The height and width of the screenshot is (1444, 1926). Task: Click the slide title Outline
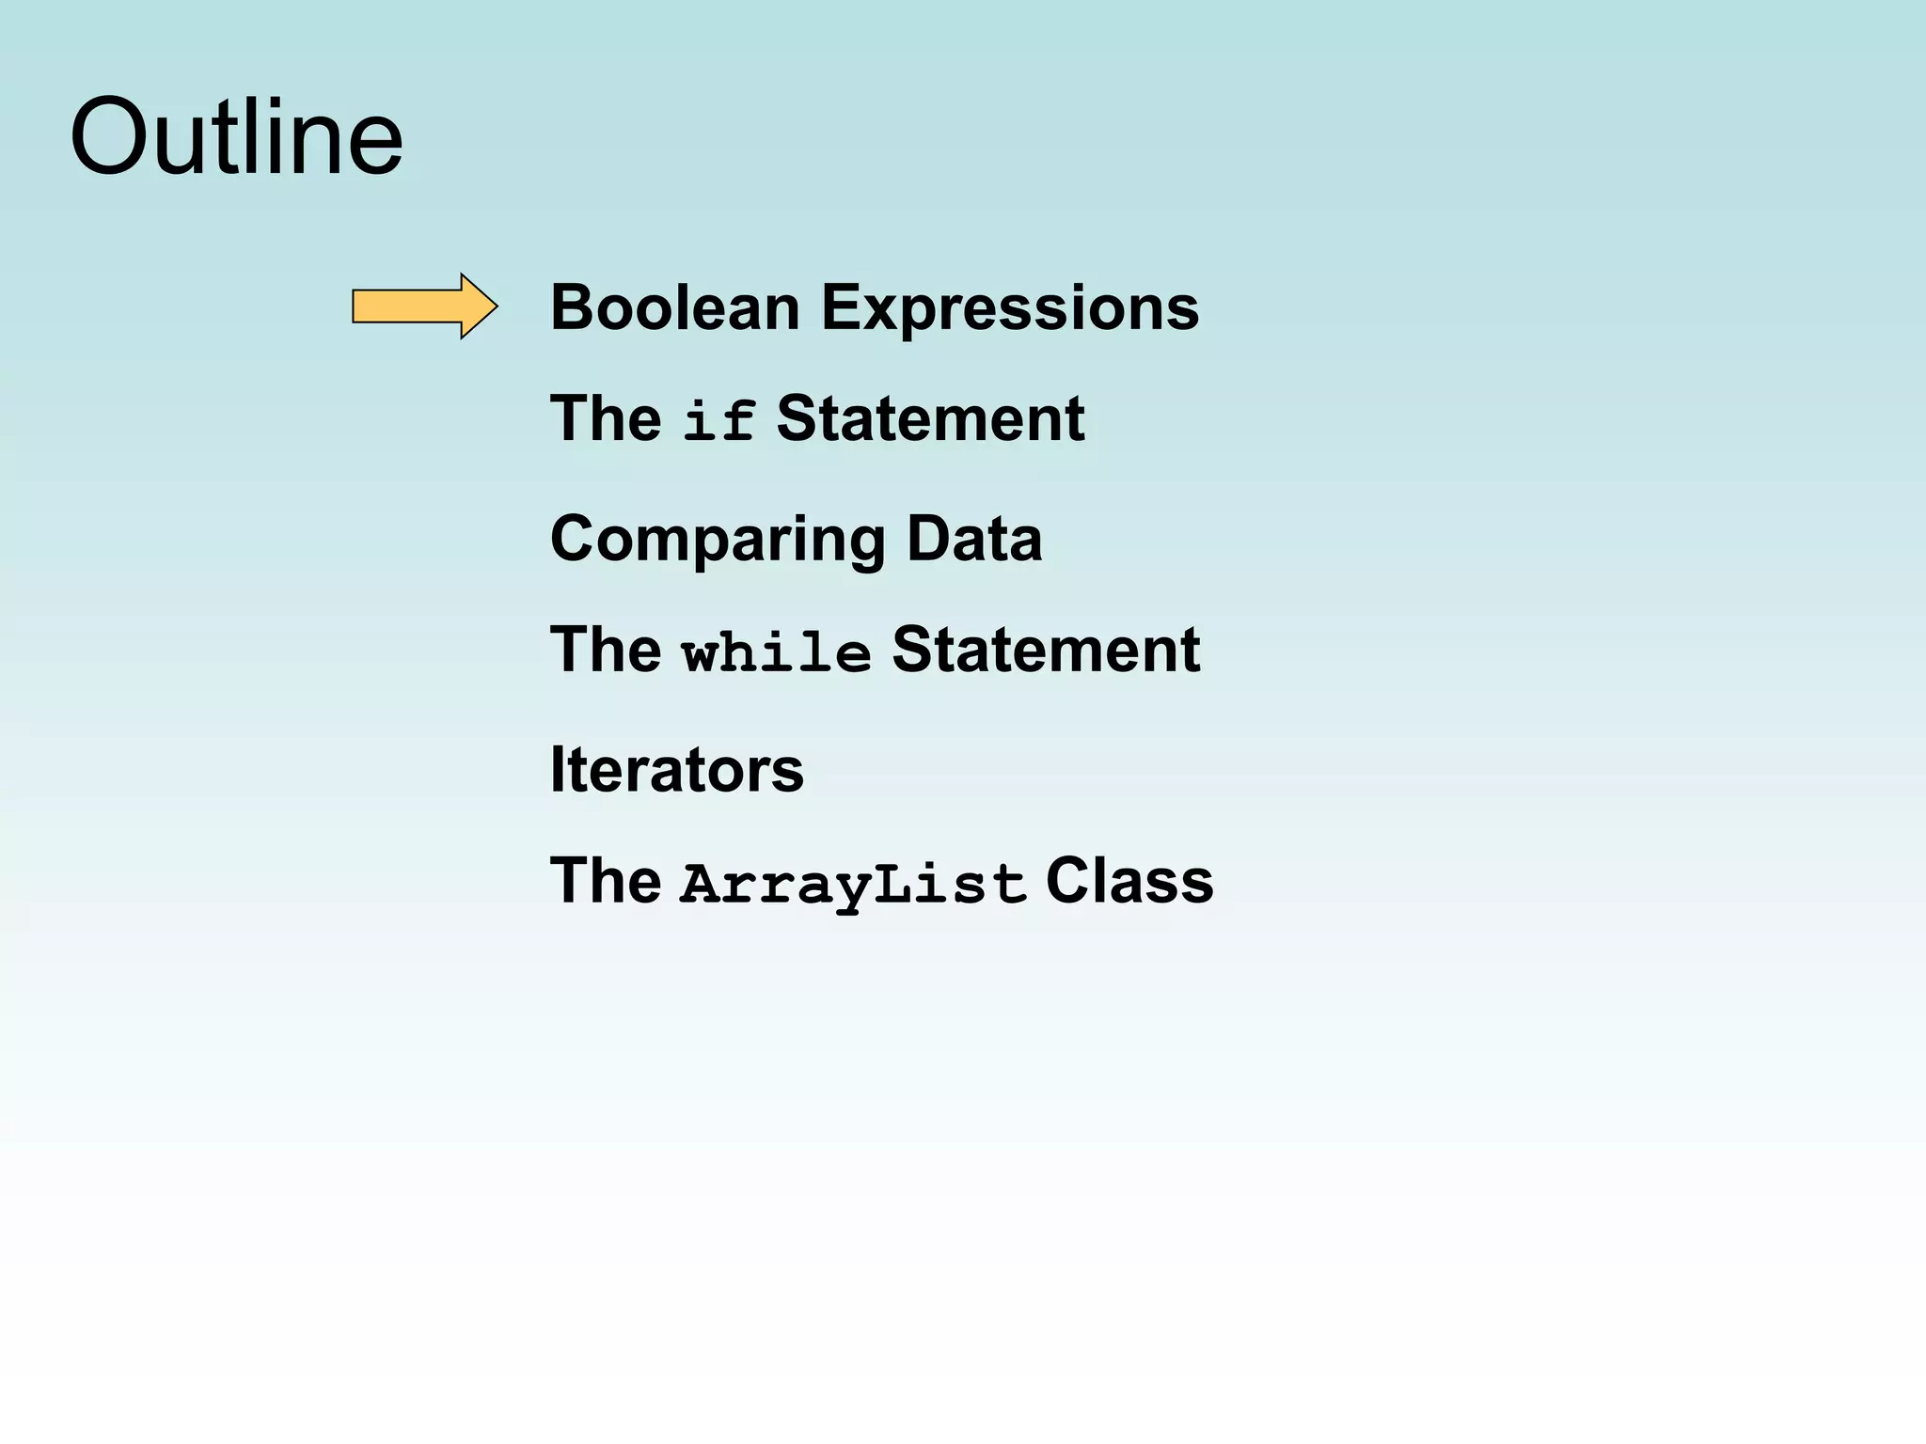(x=236, y=138)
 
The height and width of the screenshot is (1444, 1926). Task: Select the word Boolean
(x=674, y=307)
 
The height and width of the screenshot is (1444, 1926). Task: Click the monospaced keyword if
(x=718, y=420)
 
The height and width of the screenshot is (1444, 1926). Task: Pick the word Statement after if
(x=929, y=418)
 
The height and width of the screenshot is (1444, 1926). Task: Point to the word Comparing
(x=718, y=540)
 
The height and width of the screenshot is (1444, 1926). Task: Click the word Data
(x=973, y=539)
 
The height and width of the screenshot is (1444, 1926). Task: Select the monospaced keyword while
(x=776, y=651)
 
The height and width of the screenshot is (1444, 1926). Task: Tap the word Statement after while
(x=1045, y=650)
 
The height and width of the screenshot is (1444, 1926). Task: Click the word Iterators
(x=676, y=770)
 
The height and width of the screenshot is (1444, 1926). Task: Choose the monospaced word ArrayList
(x=852, y=884)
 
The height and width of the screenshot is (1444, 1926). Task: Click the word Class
(x=1129, y=882)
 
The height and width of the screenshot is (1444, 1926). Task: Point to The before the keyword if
(x=605, y=418)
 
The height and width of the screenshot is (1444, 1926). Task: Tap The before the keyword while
(x=605, y=650)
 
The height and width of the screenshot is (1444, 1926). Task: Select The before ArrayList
(x=605, y=882)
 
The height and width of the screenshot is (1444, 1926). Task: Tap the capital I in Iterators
(x=557, y=770)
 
